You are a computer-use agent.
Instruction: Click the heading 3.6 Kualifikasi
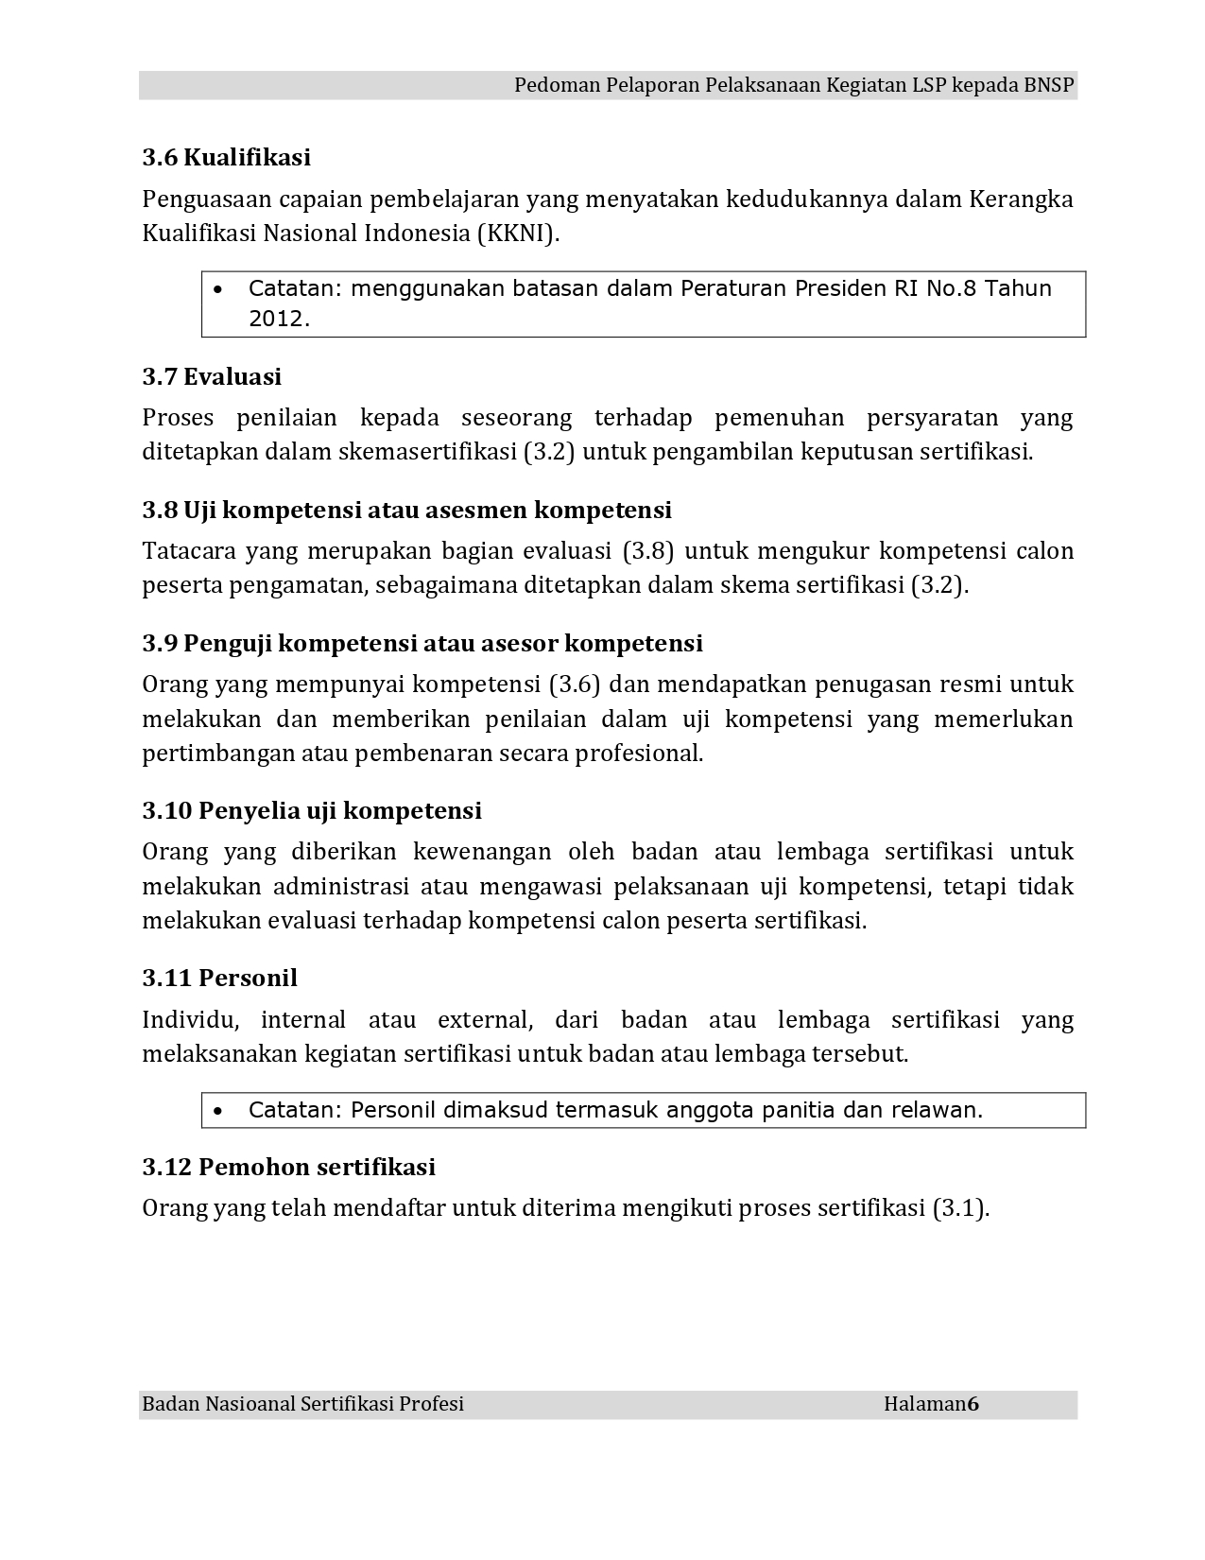tap(226, 158)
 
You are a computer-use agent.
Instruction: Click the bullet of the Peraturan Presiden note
tap(219, 289)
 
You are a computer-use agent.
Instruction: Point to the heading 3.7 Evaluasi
tap(212, 377)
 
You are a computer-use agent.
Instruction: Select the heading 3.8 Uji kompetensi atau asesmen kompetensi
tap(406, 511)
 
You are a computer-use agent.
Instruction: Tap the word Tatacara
tap(188, 551)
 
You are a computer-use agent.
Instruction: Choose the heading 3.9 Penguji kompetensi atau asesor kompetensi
tap(422, 644)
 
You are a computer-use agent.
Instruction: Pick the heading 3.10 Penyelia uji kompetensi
tap(312, 811)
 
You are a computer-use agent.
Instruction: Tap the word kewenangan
tap(481, 852)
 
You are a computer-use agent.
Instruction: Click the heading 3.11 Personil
tap(219, 979)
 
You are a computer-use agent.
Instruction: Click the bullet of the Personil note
tap(219, 1111)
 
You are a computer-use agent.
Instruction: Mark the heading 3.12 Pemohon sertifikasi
tap(288, 1168)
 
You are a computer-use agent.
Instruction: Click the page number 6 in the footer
tap(973, 1405)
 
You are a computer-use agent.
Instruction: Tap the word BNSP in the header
tap(1048, 86)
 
